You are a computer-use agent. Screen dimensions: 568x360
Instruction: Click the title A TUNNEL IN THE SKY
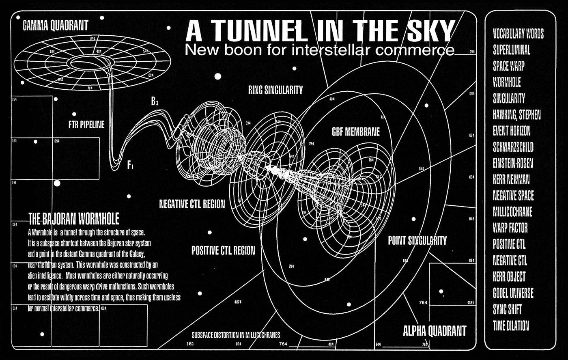[x=319, y=30]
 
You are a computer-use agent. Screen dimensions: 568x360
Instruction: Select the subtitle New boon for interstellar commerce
[x=319, y=50]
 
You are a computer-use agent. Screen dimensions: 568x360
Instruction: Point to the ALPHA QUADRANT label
[x=435, y=331]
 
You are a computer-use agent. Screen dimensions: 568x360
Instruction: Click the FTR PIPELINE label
[x=86, y=125]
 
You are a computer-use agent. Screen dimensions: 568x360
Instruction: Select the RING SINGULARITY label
[x=275, y=91]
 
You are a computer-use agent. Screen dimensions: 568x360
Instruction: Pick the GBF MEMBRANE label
[x=355, y=132]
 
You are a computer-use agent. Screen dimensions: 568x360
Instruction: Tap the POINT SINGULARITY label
[x=417, y=240]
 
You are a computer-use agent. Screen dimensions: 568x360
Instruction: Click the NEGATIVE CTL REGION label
[x=192, y=204]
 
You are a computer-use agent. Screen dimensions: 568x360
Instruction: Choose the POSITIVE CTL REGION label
[x=223, y=250]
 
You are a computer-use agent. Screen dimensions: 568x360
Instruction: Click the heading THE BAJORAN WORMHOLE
[x=74, y=220]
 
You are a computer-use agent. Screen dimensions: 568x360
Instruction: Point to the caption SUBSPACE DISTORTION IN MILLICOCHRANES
[x=236, y=336]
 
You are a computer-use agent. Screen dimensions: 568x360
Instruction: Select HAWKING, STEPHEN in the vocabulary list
[x=516, y=115]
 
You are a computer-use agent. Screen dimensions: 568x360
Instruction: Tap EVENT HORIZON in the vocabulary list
[x=511, y=131]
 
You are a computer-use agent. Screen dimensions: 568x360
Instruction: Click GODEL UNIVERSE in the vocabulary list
[x=513, y=293]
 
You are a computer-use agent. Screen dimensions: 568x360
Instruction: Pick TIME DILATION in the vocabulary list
[x=511, y=326]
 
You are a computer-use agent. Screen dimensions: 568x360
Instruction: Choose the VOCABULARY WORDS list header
[x=518, y=34]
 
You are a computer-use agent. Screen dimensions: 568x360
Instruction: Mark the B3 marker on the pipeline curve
[x=155, y=102]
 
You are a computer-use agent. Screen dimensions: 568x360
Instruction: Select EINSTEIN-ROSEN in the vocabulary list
[x=513, y=163]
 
